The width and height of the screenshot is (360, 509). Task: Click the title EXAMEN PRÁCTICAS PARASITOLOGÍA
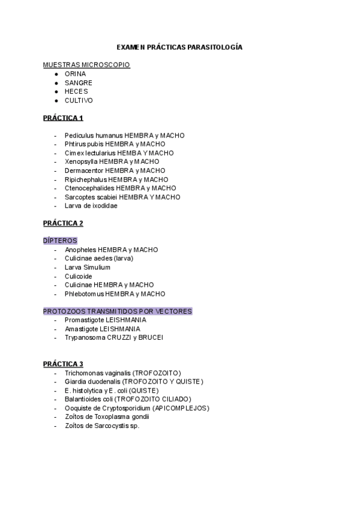click(x=179, y=47)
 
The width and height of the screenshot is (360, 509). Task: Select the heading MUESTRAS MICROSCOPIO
click(x=86, y=65)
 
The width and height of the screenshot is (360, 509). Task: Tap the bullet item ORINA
click(x=75, y=74)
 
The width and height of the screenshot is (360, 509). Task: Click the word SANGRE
click(x=77, y=82)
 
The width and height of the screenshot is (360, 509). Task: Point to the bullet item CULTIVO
click(x=79, y=100)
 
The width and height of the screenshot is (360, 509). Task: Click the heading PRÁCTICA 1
click(x=63, y=118)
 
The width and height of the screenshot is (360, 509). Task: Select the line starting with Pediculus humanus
click(x=124, y=136)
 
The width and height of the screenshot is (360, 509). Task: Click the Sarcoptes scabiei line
click(x=122, y=197)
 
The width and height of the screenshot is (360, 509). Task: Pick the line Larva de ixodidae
click(x=91, y=206)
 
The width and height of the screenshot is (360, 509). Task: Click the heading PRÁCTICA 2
click(x=63, y=223)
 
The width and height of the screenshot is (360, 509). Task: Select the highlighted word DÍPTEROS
click(x=60, y=241)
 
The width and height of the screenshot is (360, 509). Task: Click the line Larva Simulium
click(x=87, y=267)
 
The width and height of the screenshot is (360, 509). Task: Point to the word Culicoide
click(x=79, y=276)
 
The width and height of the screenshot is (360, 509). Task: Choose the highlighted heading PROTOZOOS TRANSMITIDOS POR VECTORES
click(x=118, y=312)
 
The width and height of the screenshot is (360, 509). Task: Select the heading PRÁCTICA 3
click(x=63, y=364)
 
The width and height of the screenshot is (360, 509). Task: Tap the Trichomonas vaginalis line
click(x=122, y=373)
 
